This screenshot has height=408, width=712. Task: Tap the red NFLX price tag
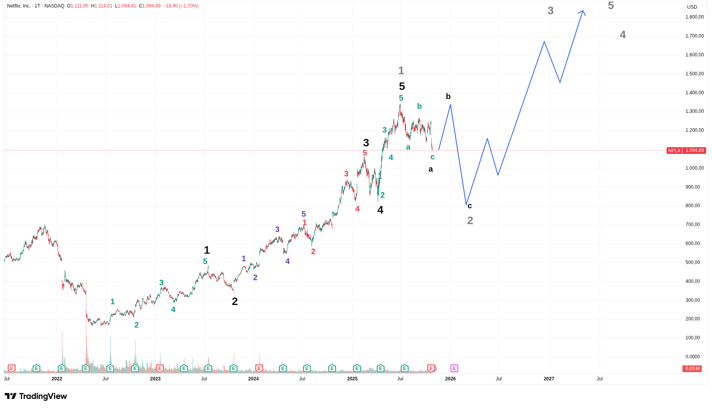tap(674, 150)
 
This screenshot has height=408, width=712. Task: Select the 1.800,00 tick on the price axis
tap(694, 17)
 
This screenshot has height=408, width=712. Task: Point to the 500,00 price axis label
tap(693, 262)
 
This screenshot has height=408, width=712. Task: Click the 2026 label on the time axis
tap(450, 379)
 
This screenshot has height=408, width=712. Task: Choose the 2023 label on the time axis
tap(155, 379)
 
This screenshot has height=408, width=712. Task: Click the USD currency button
tap(692, 7)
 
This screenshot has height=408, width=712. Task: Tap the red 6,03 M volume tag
tap(692, 369)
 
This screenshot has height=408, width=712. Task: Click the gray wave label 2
tap(470, 221)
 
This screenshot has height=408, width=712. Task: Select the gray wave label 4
tap(623, 35)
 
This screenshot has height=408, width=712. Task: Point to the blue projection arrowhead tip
tap(583, 11)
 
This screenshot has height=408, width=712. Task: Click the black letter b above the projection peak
tap(448, 96)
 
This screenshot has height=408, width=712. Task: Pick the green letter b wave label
tap(419, 106)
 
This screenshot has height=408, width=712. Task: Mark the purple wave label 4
tap(287, 261)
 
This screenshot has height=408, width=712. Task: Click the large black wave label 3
tap(366, 143)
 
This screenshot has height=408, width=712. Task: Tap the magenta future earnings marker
tap(454, 369)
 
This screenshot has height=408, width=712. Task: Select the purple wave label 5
tap(304, 214)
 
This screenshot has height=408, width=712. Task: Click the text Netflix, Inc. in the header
tap(19, 6)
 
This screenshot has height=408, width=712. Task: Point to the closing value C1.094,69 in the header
tap(150, 6)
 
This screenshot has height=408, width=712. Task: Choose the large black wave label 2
tap(235, 301)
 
